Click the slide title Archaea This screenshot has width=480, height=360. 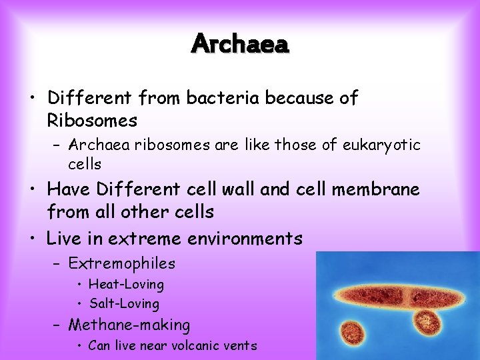pos(240,44)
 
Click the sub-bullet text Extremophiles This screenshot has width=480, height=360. pos(121,263)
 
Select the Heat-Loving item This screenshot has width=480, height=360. pos(126,285)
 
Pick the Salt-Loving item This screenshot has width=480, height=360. pos(124,304)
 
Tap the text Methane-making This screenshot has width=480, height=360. pos(129,325)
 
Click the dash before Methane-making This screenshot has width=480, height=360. pos(57,326)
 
